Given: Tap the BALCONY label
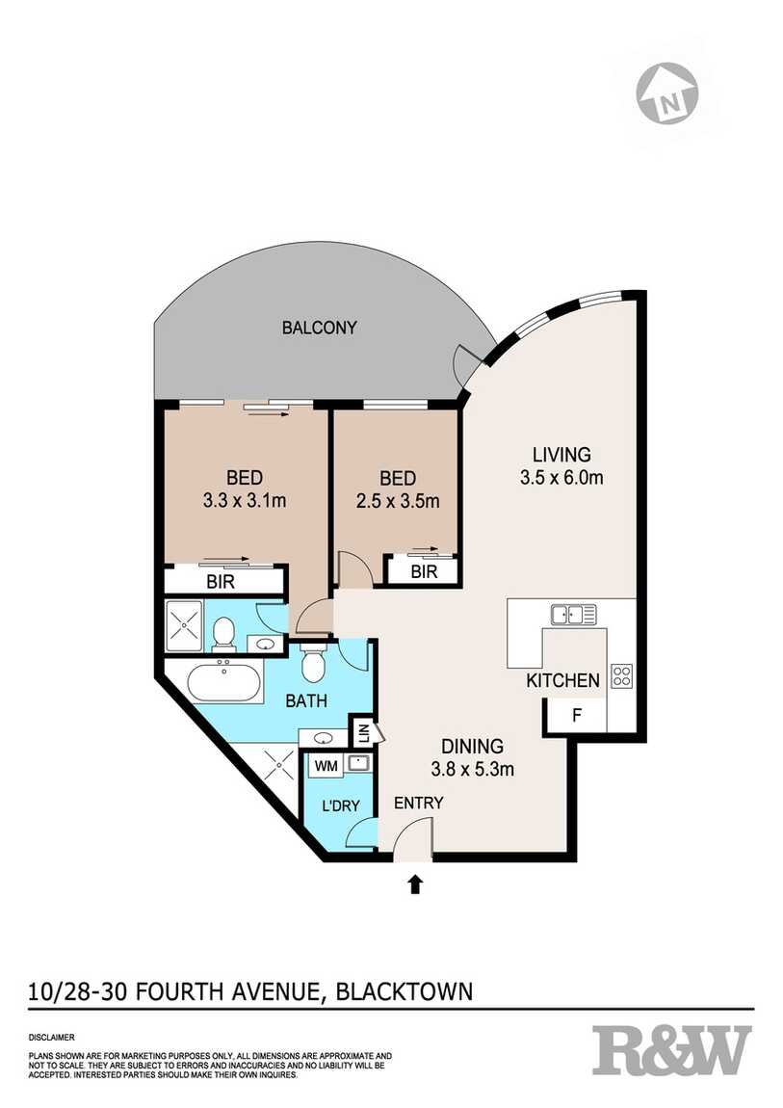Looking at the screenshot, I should click(x=319, y=328).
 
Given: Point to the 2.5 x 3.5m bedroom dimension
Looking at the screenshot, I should click(x=397, y=501).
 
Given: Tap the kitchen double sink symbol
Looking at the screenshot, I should click(x=573, y=614).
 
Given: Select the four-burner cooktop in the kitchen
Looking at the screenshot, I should click(x=621, y=676).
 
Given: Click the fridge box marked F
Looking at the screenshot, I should click(x=576, y=717).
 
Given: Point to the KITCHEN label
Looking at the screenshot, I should click(x=562, y=681).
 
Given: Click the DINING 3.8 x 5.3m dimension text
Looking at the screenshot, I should click(x=473, y=769).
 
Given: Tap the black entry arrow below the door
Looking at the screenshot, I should click(x=416, y=883).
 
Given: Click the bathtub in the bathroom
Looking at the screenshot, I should click(x=224, y=683).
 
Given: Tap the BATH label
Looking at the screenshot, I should click(x=305, y=701).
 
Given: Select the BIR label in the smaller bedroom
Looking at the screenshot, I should click(x=423, y=571).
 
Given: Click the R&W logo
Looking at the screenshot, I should click(x=671, y=1050).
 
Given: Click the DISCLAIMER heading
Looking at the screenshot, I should click(x=53, y=1038).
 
